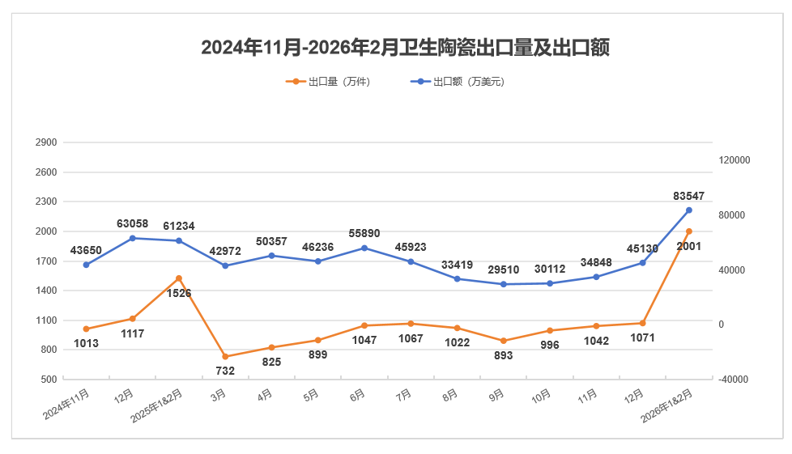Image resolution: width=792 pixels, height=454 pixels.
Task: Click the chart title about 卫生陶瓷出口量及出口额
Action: pos(405,48)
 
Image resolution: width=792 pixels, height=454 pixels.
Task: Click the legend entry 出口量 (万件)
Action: pos(328,82)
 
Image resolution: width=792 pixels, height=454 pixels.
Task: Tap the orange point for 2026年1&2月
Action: pos(689,231)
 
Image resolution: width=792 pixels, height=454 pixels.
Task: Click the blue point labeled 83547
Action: pos(689,210)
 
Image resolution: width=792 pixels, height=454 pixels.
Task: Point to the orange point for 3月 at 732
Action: pos(225,357)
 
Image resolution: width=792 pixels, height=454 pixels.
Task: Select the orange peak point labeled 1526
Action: pos(179,278)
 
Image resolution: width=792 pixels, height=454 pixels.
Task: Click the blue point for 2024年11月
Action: pos(86,265)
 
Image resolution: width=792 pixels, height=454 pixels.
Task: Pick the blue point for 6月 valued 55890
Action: pos(364,248)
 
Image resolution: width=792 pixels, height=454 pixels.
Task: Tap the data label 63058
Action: pos(133,223)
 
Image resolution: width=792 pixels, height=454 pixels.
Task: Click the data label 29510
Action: pos(503,269)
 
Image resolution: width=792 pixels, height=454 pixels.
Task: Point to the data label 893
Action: pos(503,355)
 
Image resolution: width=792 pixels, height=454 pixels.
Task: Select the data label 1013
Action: pos(86,343)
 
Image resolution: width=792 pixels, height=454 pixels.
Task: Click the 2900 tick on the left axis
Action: pos(46,142)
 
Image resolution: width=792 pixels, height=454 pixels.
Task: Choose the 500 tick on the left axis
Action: pos(49,380)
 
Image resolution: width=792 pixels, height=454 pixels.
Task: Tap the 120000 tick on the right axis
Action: pos(735,160)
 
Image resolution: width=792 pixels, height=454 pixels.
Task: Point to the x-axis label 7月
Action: pos(403,396)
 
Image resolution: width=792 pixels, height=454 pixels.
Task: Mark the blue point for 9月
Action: pos(503,284)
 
